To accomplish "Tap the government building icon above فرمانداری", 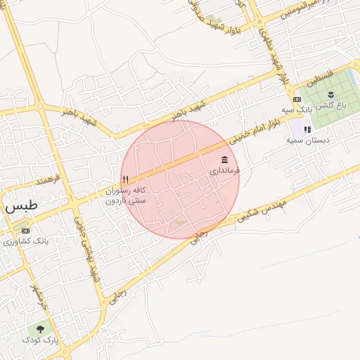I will pos(224,160).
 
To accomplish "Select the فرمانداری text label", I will pos(225,170).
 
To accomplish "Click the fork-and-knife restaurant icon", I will pos(125,179).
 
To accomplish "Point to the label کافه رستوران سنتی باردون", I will pos(125,195).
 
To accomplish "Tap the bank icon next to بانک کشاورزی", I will pos(26,230).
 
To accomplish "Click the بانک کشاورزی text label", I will pos(25,240).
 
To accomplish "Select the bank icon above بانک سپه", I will pos(297,99).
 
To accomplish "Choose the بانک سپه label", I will pos(297,110).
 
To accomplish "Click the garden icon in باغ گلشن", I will pos(331,94).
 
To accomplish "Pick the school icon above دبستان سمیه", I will pos(307,129).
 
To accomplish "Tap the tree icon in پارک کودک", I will pos(40,328).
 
